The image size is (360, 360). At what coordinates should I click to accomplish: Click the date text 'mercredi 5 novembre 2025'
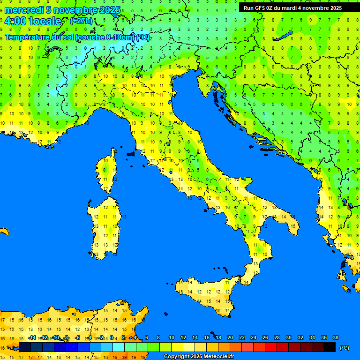(62, 10)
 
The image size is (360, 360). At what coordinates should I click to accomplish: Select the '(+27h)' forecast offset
(81, 21)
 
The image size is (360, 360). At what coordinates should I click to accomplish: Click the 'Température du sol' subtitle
(77, 37)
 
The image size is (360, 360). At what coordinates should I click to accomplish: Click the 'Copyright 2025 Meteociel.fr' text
(199, 357)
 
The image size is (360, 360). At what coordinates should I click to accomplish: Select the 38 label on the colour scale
(335, 337)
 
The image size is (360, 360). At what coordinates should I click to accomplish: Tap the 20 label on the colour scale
(230, 337)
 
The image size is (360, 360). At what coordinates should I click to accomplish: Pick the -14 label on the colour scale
(32, 337)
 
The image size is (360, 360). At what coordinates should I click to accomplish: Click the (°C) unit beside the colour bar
(345, 348)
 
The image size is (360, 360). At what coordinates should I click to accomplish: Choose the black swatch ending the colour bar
(330, 347)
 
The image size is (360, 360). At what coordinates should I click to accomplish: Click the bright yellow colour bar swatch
(177, 347)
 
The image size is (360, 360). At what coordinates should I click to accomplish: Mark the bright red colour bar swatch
(271, 347)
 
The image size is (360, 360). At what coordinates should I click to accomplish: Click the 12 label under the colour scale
(183, 337)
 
